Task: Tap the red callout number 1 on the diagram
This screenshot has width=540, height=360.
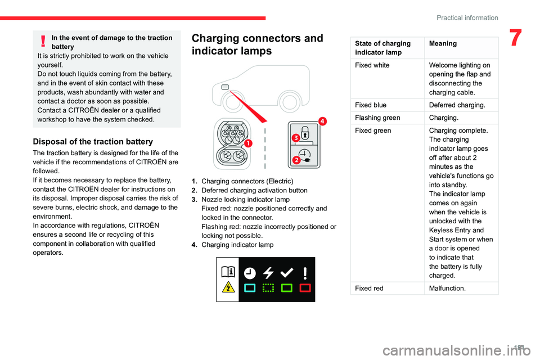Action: (x=248, y=143)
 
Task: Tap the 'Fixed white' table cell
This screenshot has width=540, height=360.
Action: (x=372, y=65)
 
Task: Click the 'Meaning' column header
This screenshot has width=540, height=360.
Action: (x=443, y=43)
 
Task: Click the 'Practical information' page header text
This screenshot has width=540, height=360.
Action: (x=467, y=17)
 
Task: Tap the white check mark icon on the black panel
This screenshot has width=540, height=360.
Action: (x=286, y=272)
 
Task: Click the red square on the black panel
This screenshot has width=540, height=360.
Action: (x=305, y=288)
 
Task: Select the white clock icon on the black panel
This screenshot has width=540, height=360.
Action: (x=250, y=273)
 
